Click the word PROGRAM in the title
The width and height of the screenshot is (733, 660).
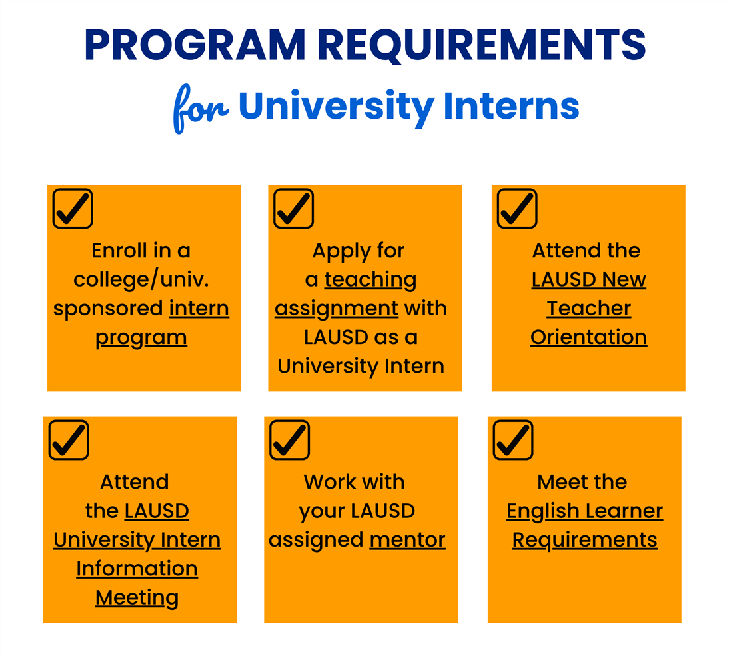[195, 45]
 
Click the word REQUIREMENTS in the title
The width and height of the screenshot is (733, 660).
[483, 45]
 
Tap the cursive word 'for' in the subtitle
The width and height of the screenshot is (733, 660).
[201, 109]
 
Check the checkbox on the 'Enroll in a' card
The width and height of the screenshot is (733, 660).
[73, 209]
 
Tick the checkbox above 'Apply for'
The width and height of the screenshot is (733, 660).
[294, 209]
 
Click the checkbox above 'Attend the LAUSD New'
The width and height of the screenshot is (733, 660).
[517, 209]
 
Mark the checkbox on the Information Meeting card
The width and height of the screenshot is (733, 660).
[69, 440]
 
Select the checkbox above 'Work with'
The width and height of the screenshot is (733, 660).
[289, 440]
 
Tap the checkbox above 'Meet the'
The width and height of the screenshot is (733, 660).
[513, 440]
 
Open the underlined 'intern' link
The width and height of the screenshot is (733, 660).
[199, 309]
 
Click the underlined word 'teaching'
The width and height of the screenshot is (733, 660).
[370, 280]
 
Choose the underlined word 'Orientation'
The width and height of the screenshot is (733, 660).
[589, 337]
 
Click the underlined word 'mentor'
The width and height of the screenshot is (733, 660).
[408, 540]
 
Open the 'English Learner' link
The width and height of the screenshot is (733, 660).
[585, 512]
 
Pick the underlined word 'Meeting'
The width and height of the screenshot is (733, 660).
[137, 598]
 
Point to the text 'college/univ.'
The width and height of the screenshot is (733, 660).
[141, 280]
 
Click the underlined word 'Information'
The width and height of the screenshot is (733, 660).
[137, 569]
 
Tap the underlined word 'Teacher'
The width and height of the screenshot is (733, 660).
[589, 309]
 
